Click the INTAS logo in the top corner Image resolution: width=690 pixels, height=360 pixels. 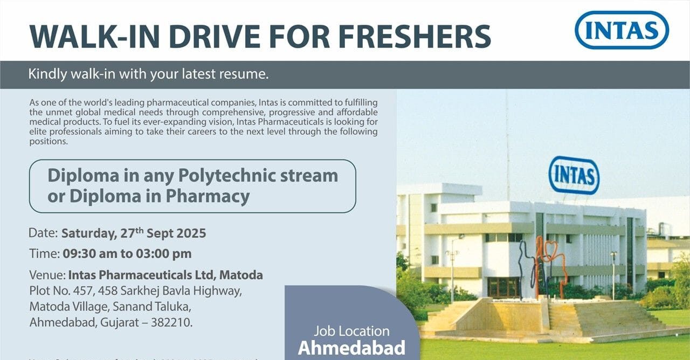click(x=622, y=30)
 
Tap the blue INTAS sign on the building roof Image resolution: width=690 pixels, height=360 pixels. click(x=574, y=175)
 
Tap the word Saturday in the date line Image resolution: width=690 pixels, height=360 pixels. click(x=88, y=233)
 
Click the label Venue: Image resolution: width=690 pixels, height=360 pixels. click(x=47, y=275)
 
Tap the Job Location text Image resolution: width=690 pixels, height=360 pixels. click(x=351, y=331)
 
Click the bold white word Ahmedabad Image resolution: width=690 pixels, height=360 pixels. click(x=351, y=348)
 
